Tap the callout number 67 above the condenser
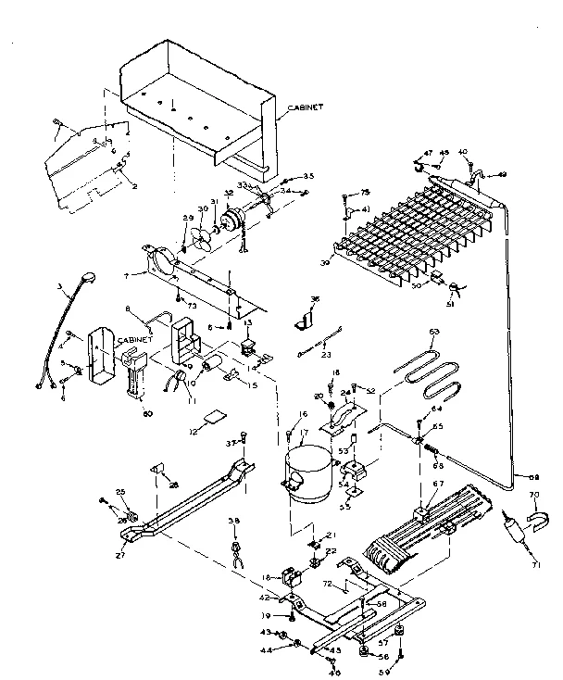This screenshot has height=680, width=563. click(438, 485)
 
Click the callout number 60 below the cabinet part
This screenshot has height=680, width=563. click(147, 413)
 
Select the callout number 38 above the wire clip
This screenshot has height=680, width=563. click(234, 521)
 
